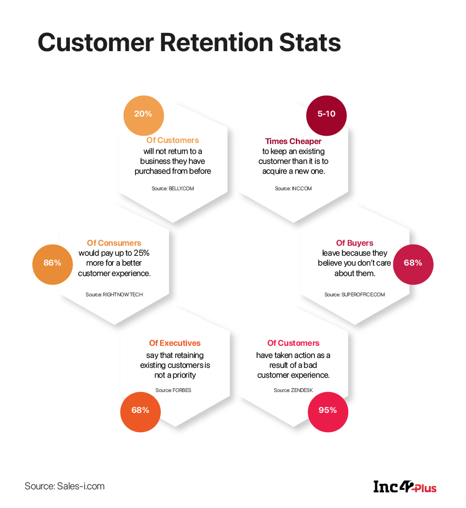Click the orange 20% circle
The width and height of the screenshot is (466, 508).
tap(144, 115)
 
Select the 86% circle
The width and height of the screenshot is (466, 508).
tap(52, 263)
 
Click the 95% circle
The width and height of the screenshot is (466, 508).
tap(328, 410)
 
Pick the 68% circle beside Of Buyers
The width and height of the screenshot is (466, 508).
tap(413, 263)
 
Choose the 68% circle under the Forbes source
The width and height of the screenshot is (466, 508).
tap(140, 410)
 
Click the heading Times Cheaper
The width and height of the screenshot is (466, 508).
tap(293, 141)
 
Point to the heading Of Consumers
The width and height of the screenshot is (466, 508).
tap(114, 243)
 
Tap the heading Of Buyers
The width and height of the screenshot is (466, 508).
tap(354, 243)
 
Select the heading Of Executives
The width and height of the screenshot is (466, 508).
tap(175, 343)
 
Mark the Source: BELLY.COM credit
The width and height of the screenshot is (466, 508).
tap(173, 189)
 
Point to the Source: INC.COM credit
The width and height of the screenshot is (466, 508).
tap(293, 189)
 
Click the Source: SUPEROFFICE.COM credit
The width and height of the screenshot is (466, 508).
tap(354, 295)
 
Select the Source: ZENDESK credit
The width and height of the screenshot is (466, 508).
tap(293, 390)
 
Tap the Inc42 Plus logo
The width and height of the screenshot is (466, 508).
tap(404, 487)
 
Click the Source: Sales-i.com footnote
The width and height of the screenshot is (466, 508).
tap(64, 486)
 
